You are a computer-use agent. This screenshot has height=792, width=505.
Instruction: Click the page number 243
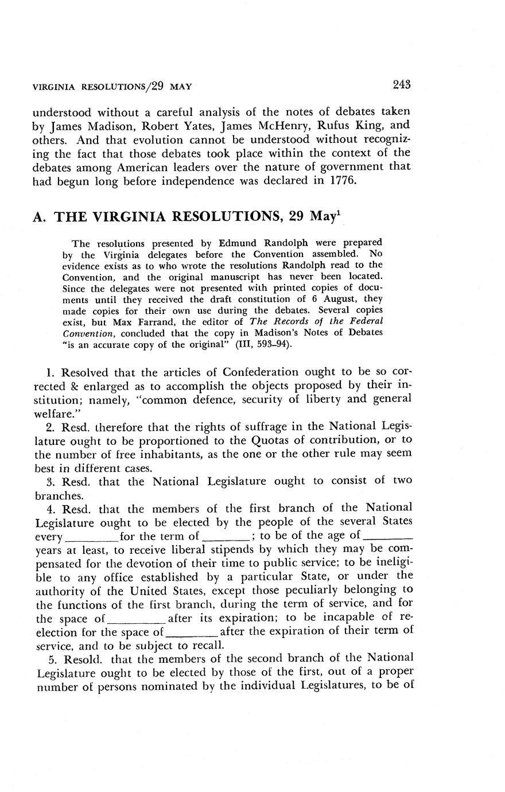pyautogui.click(x=402, y=85)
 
